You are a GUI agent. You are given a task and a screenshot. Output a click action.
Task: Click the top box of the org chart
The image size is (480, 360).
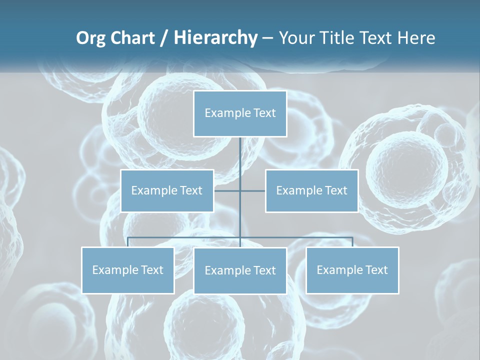point(240,113)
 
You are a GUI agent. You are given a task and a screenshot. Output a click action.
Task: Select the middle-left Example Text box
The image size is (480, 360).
point(167,190)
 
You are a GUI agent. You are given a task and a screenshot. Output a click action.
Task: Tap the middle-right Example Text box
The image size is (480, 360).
point(311,190)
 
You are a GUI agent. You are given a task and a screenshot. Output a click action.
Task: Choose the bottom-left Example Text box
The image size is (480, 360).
point(128,270)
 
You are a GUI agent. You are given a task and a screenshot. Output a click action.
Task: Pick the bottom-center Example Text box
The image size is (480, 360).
point(240,270)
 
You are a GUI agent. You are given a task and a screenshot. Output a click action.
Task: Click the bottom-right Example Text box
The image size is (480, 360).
point(352,270)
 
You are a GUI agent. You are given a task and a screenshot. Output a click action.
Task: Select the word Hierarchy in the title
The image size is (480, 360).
point(215,38)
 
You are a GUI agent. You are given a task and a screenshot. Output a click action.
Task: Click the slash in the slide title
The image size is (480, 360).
point(164,38)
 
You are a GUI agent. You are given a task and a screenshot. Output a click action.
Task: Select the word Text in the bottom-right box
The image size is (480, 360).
point(376,270)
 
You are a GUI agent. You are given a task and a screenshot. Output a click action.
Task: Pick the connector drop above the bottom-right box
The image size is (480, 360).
point(352,242)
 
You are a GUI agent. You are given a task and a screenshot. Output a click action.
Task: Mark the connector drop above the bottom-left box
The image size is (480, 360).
point(128,242)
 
